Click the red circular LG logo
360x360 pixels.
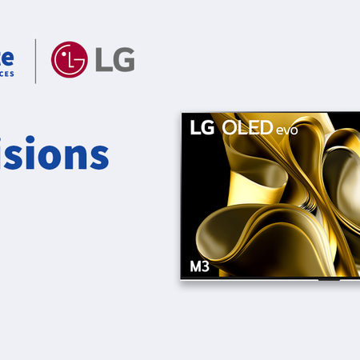click(68, 59)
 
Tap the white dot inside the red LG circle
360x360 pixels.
click(64, 53)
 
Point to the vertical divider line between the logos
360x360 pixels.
click(35, 60)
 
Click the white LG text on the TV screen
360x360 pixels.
click(200, 128)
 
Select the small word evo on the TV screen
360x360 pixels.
click(286, 130)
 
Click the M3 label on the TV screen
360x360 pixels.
click(198, 264)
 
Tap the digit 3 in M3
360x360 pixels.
click(206, 264)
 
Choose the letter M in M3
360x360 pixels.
click(194, 264)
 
